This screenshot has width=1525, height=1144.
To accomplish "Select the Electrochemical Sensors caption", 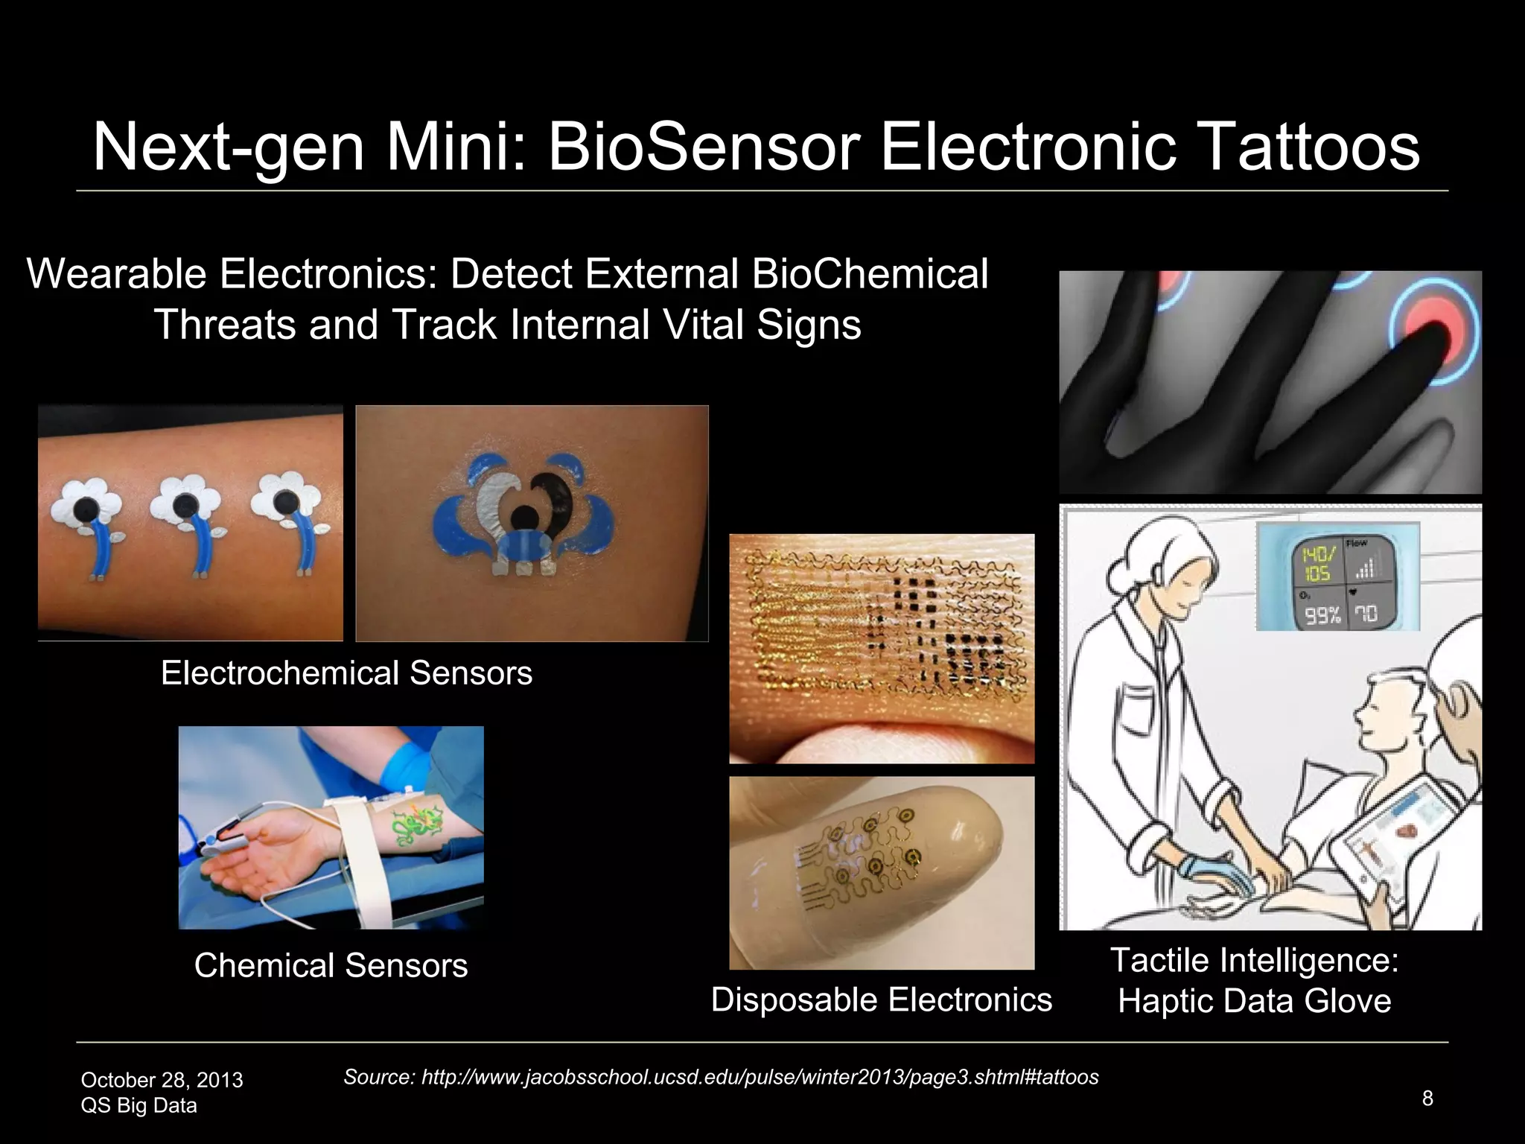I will coord(346,673).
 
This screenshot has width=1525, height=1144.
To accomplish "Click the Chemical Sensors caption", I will coord(331,966).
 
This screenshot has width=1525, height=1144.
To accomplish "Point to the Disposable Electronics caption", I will coord(881,1000).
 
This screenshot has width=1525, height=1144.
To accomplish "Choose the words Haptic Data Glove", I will coord(1254,1001).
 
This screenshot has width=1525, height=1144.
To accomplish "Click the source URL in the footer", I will coord(721,1077).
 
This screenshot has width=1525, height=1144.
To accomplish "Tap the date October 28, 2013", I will coord(162,1080).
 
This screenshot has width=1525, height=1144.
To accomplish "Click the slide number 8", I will coord(1427,1099).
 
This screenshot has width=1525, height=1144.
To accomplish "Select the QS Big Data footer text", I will coord(139,1105).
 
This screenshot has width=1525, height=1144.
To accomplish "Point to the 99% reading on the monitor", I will coord(1320,615).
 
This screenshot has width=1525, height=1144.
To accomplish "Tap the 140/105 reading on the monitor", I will coord(1316,564).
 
